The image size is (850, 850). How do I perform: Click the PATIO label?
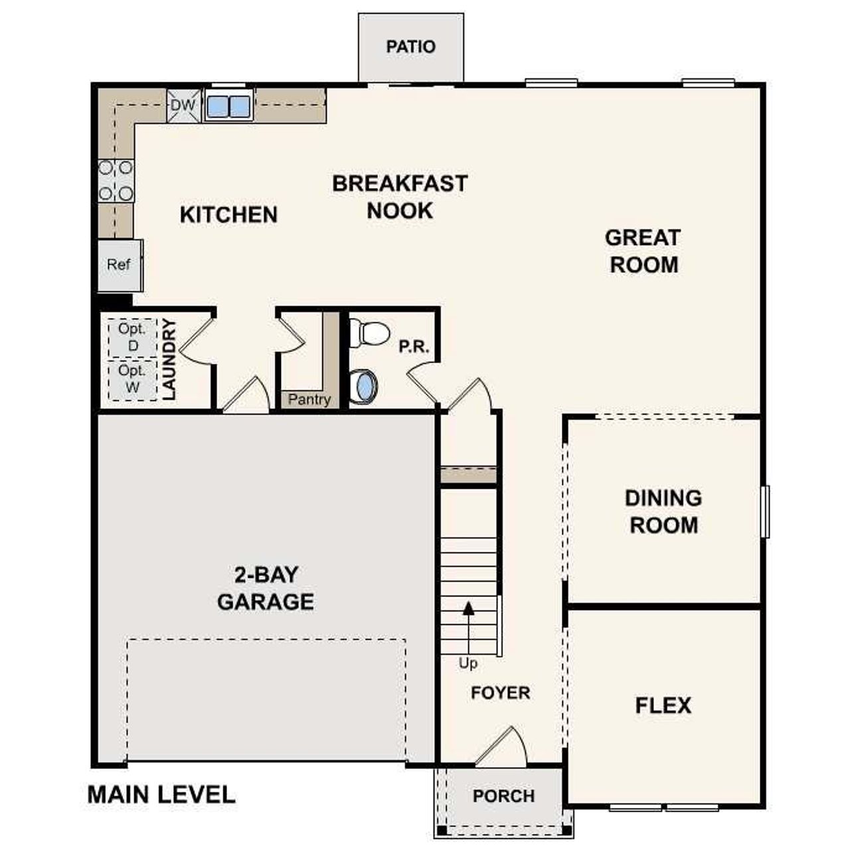point(411,47)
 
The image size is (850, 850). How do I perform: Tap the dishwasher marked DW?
point(183,106)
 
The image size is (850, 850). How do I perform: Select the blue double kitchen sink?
point(228,106)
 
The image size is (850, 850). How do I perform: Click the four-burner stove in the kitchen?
point(116,181)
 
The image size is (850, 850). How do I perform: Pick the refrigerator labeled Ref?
point(119,265)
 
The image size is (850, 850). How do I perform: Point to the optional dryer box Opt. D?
point(133,337)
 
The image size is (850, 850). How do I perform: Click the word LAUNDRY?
point(169,359)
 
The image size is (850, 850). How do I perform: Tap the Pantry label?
point(309,400)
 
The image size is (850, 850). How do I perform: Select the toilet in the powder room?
point(369,333)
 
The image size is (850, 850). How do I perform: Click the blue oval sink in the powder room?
point(363,386)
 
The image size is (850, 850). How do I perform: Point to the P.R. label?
point(414,347)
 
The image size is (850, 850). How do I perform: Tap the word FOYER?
point(501,693)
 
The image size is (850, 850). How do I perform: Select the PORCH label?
point(503,796)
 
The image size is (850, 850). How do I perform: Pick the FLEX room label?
point(663,705)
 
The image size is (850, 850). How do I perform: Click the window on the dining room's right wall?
point(765,511)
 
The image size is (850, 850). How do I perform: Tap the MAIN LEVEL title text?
point(161,795)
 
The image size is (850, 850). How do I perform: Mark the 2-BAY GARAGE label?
point(266,588)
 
